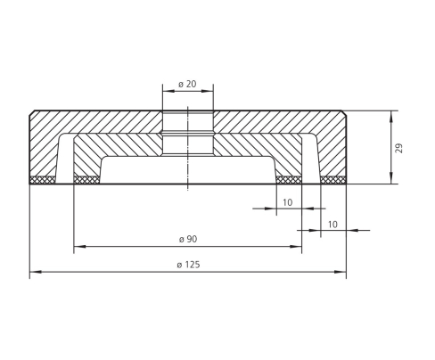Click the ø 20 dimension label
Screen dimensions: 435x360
coord(187,84)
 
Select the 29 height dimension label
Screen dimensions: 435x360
coord(399,148)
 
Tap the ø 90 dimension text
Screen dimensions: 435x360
coord(188,239)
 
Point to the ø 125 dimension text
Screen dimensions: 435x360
coord(188,265)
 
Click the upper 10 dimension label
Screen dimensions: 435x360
coord(287,202)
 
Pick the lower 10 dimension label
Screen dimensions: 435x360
coord(332,225)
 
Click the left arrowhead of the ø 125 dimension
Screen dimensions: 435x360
coord(36,272)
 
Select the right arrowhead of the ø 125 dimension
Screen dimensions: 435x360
coord(341,272)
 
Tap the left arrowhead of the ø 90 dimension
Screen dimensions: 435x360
coord(79,246)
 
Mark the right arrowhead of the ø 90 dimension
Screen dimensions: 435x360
coord(296,246)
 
